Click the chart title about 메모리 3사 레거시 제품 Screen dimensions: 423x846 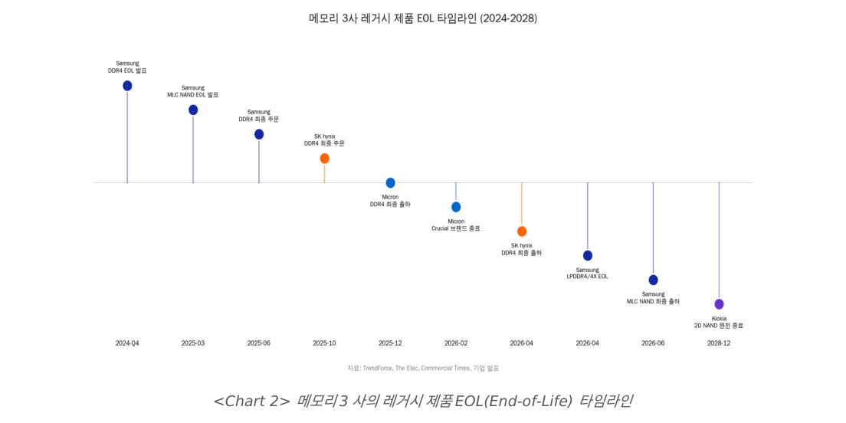click(x=422, y=18)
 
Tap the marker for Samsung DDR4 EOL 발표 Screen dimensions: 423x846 click(x=127, y=86)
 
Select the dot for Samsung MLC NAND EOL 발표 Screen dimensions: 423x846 click(x=193, y=110)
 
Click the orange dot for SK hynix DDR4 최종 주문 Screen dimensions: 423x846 click(x=324, y=159)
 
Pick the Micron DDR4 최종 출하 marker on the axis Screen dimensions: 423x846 click(x=390, y=183)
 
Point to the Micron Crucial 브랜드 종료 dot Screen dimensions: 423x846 click(x=456, y=207)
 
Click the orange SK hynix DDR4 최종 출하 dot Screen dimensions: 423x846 click(x=522, y=231)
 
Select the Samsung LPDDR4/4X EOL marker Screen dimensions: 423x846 click(x=588, y=255)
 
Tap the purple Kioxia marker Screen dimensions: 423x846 click(x=719, y=304)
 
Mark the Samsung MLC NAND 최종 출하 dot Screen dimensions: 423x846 click(x=653, y=280)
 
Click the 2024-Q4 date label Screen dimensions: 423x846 click(x=127, y=343)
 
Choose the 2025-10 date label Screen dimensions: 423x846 click(x=324, y=343)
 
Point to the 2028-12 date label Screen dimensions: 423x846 click(x=719, y=343)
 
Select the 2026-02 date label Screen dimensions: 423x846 click(x=456, y=343)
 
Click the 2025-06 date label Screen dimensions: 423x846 click(x=258, y=343)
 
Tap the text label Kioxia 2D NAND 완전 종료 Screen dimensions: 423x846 click(x=719, y=322)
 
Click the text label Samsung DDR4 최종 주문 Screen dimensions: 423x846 click(x=259, y=116)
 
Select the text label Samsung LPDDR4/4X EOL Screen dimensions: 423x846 click(x=588, y=273)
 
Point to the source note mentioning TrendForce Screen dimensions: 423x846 click(x=423, y=368)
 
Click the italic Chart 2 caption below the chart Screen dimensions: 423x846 click(x=422, y=401)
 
